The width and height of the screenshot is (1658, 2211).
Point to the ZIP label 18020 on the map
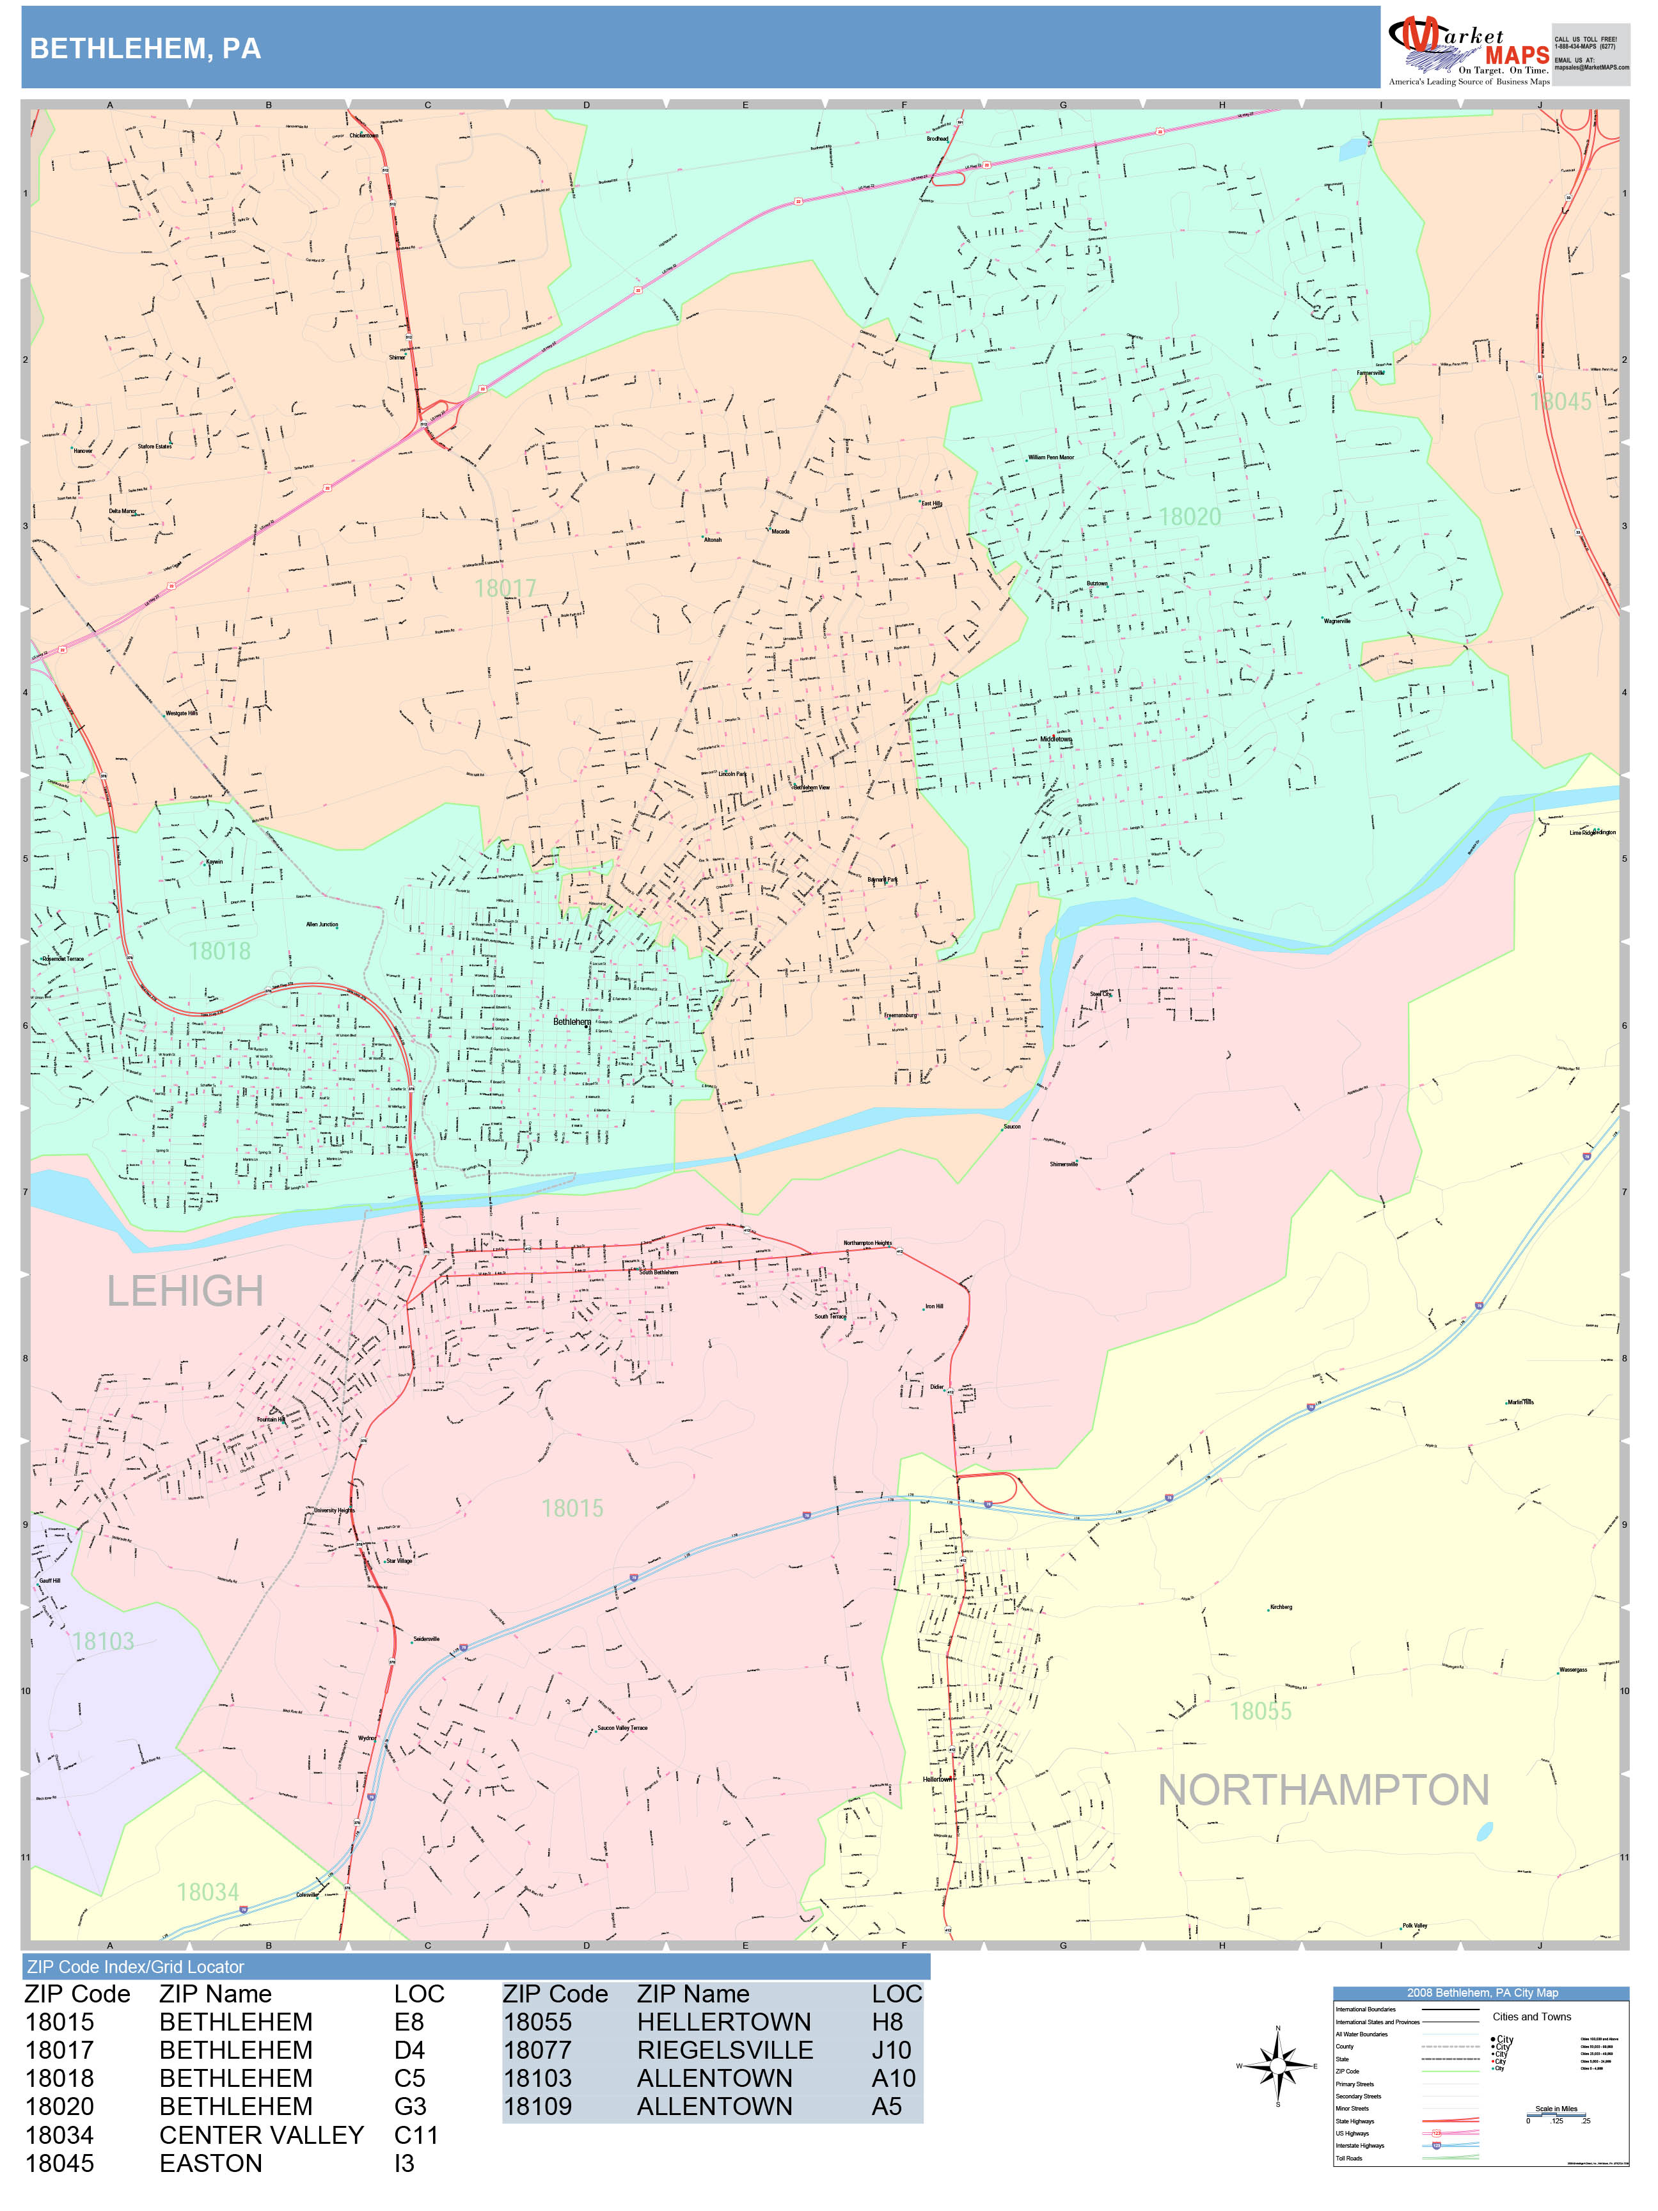click(1189, 517)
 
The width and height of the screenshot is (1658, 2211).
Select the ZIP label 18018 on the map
click(220, 951)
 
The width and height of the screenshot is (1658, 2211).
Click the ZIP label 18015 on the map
click(572, 1509)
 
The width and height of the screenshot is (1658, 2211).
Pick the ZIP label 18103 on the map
click(103, 1641)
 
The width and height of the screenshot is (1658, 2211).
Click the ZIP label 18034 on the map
click(208, 1892)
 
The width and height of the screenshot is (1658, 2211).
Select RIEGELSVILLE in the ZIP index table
click(725, 2050)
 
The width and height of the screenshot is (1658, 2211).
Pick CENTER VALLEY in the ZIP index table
click(261, 2135)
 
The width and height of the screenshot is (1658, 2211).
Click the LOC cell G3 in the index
click(410, 2106)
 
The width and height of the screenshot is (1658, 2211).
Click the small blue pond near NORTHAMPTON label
click(1484, 1831)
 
